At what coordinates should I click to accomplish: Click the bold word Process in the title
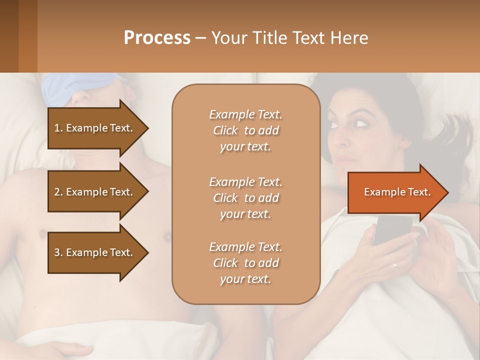tap(157, 37)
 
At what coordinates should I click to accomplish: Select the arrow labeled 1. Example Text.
tap(95, 128)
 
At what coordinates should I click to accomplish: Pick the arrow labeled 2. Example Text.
tap(95, 192)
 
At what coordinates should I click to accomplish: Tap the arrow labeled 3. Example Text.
tap(95, 252)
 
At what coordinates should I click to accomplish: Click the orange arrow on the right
tap(395, 192)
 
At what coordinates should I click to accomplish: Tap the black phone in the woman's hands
tap(392, 229)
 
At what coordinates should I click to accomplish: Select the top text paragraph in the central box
tap(245, 130)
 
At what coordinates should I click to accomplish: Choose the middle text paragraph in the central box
tap(245, 198)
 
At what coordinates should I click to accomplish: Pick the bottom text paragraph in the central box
tap(245, 263)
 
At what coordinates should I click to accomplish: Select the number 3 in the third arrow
tap(56, 252)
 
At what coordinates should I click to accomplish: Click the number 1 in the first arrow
tap(56, 128)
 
